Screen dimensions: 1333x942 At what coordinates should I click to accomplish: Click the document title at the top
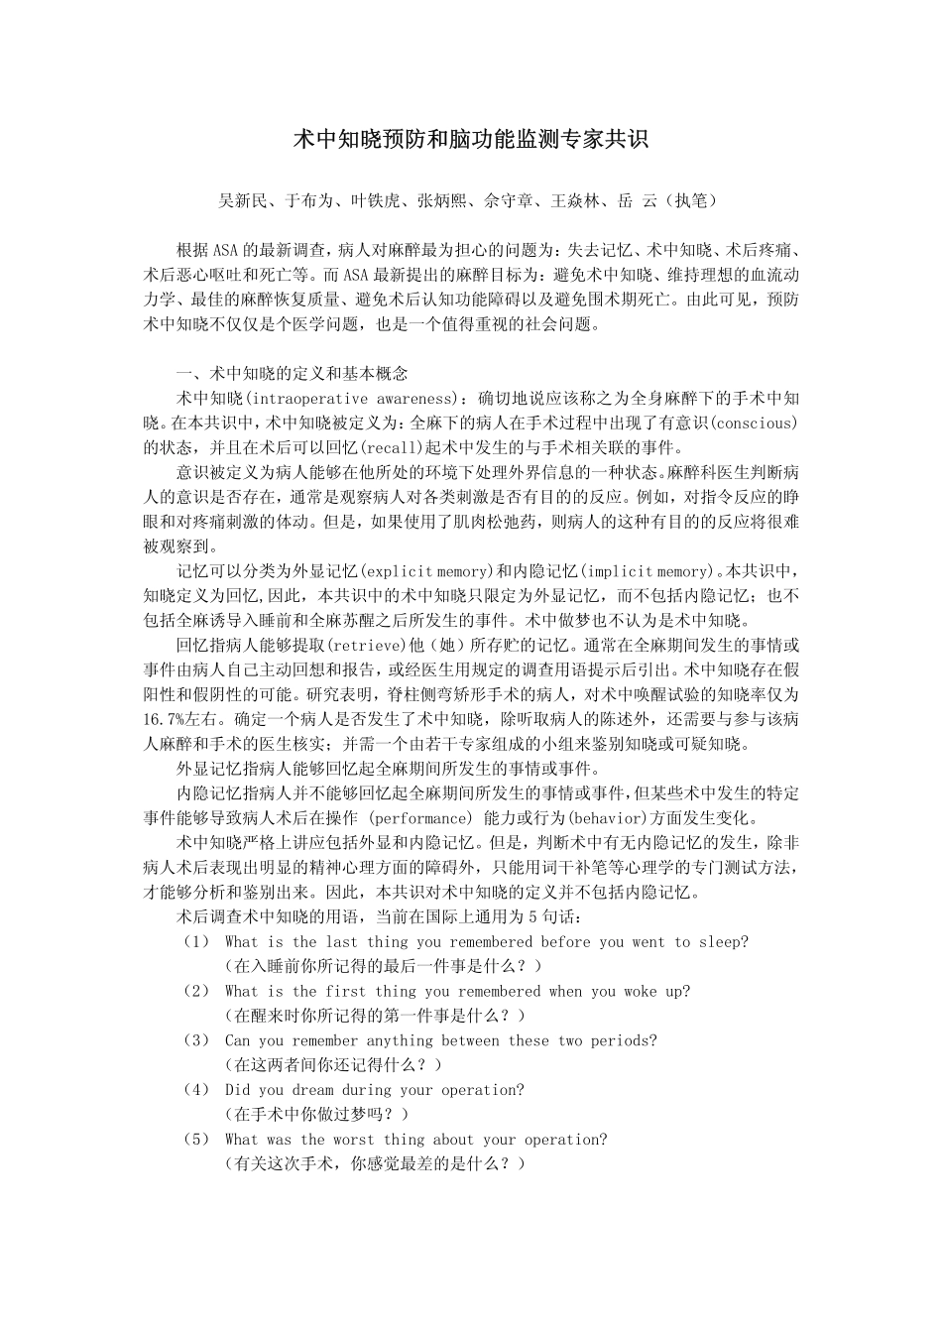coord(470,139)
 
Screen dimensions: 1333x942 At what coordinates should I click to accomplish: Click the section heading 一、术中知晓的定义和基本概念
coord(291,374)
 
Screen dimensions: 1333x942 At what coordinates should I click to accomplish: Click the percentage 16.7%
coord(165,720)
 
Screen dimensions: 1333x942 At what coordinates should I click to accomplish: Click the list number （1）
coord(196,942)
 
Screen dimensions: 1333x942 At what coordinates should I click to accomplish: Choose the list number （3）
coord(196,1041)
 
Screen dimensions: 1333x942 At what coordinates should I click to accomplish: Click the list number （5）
coord(196,1140)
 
